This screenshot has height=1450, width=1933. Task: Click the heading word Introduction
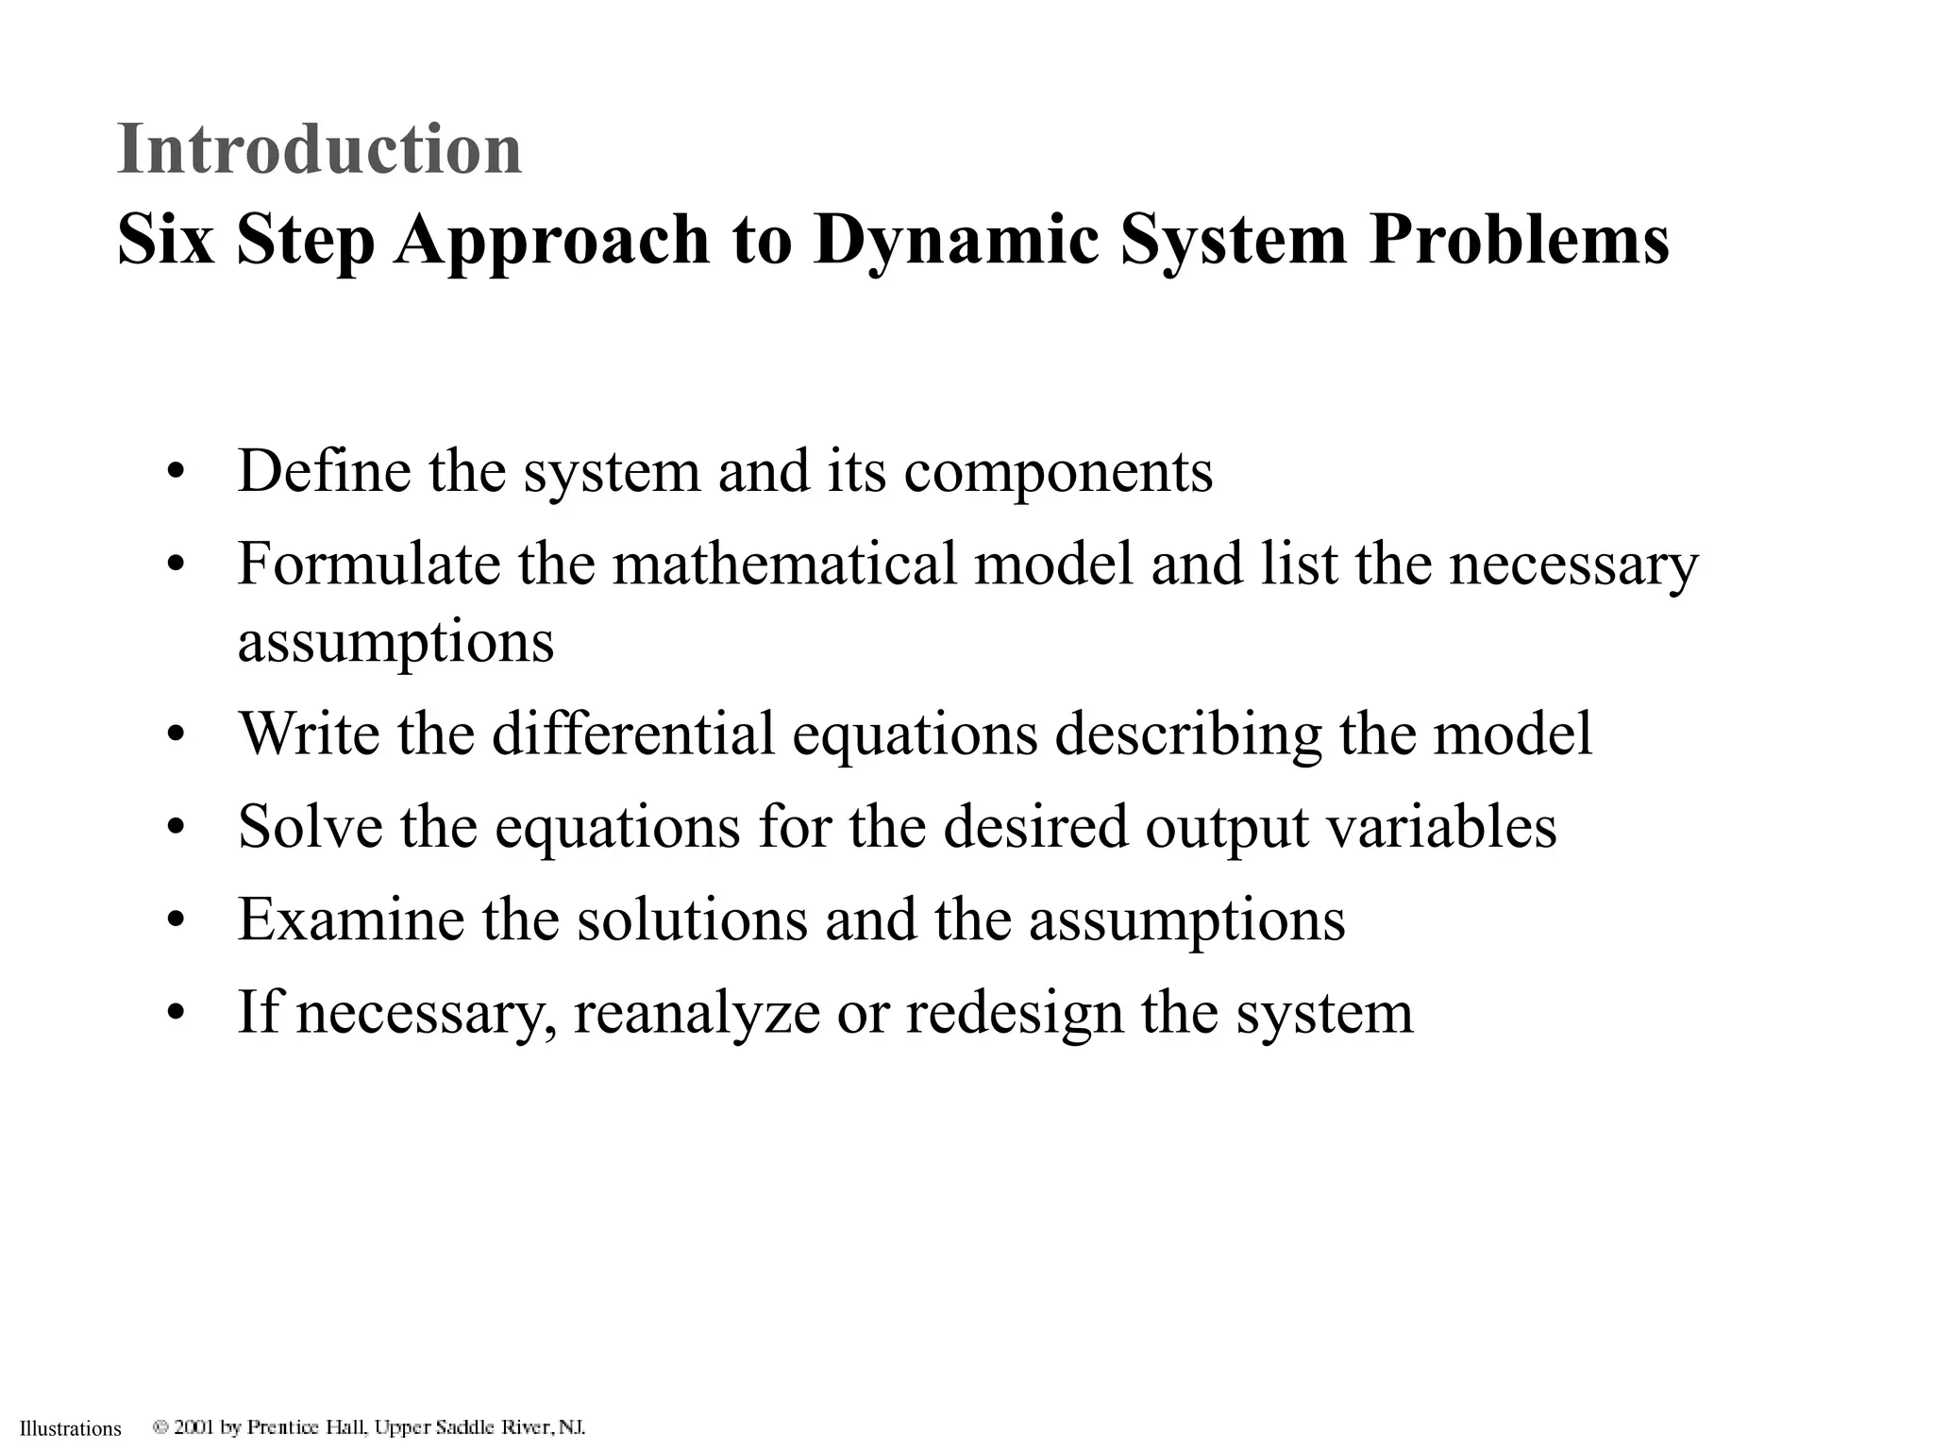319,149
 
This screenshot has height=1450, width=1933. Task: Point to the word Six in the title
166,240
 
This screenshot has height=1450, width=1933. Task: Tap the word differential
633,733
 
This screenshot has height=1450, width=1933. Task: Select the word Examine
351,919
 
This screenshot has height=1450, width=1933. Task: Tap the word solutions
692,919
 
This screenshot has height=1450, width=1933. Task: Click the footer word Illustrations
71,1429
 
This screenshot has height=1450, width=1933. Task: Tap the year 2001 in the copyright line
194,1427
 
